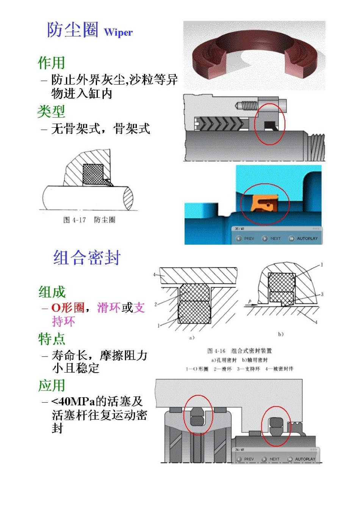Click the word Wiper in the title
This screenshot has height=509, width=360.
(x=118, y=33)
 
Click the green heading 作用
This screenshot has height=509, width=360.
(x=52, y=63)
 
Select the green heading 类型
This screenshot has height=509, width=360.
(x=52, y=111)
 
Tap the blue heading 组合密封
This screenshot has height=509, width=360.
(x=87, y=258)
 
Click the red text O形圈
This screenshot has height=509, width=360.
(x=68, y=308)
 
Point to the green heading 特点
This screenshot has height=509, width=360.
(x=52, y=339)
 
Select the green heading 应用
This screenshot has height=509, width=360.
(x=52, y=386)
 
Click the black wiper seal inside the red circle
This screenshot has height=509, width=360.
(x=270, y=125)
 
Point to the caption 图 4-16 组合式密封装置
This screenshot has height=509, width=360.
(x=239, y=351)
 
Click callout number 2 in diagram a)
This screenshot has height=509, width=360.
(x=156, y=304)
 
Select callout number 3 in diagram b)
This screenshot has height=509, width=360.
(x=322, y=294)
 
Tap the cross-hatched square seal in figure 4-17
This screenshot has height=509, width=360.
(x=92, y=174)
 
